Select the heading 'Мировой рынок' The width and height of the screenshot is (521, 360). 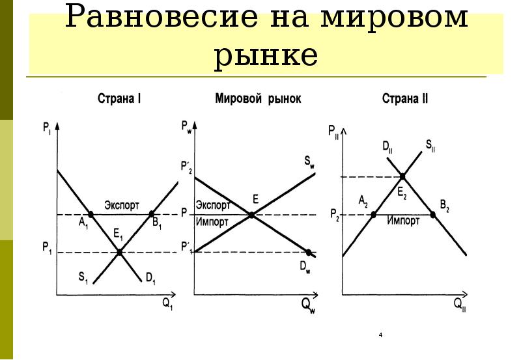pyautogui.click(x=259, y=100)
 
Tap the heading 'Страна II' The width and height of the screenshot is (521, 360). pyautogui.click(x=404, y=100)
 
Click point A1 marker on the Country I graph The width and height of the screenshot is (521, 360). pyautogui.click(x=91, y=214)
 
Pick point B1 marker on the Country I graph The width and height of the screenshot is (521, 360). pyautogui.click(x=152, y=214)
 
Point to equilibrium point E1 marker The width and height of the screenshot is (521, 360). pyautogui.click(x=120, y=253)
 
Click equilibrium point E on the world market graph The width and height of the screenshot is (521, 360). pyautogui.click(x=252, y=214)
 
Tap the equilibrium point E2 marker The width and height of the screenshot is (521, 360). pyautogui.click(x=404, y=176)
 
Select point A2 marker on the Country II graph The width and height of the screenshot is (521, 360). pyautogui.click(x=373, y=214)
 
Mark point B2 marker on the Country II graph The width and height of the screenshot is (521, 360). pyautogui.click(x=433, y=214)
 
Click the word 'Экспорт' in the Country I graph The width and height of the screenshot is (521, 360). pyautogui.click(x=122, y=204)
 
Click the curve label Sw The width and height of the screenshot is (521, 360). pyautogui.click(x=308, y=161)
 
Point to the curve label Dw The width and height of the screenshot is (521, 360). pyautogui.click(x=304, y=266)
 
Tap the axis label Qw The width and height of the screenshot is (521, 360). pyautogui.click(x=308, y=305)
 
